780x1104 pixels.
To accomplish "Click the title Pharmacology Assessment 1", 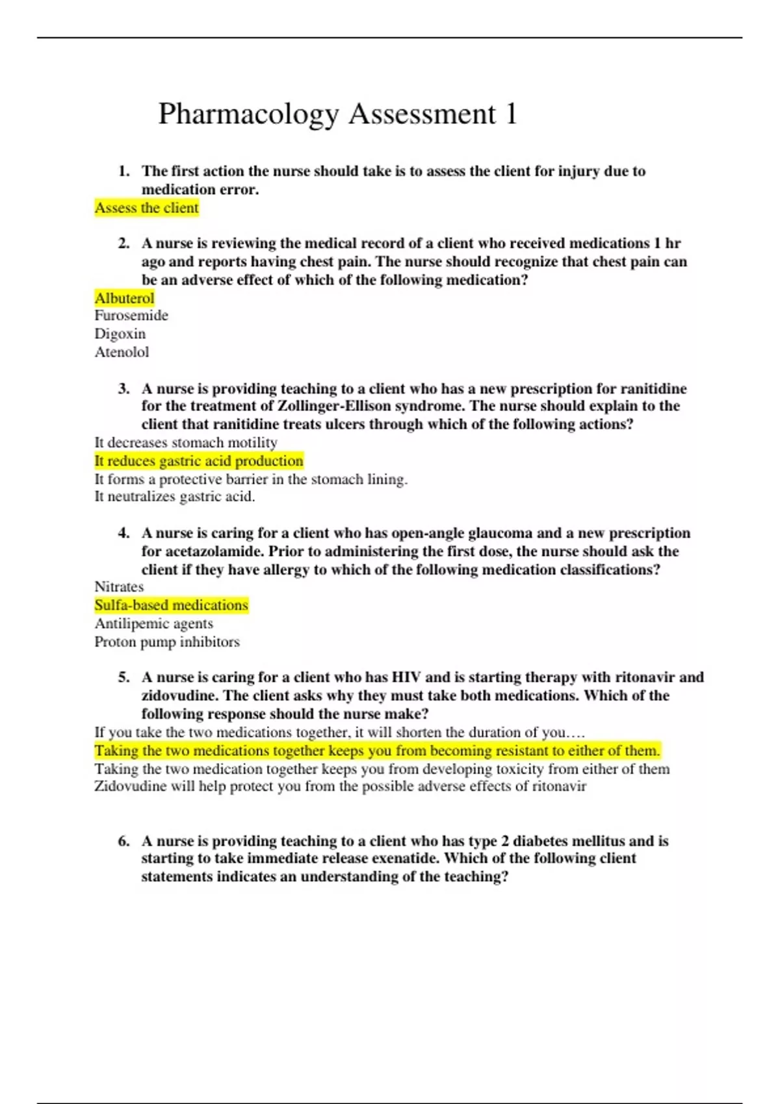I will point(337,114).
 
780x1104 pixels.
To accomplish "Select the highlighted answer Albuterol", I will point(124,298).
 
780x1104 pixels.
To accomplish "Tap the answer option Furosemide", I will point(131,316).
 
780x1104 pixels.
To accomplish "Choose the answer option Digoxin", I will point(120,334).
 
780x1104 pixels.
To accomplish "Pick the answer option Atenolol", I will point(122,352).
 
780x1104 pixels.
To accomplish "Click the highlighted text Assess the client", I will point(146,208).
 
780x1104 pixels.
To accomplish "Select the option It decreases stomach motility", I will point(186,442).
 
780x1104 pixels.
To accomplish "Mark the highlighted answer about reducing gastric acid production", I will point(199,461).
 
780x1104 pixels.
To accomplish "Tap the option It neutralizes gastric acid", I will point(175,497).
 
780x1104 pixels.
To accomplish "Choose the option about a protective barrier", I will point(251,479).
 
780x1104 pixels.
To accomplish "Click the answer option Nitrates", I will point(119,586).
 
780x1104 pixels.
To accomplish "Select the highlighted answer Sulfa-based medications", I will point(171,605).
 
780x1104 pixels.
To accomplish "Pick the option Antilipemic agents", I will point(153,623).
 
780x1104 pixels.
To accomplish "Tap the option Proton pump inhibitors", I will point(167,642).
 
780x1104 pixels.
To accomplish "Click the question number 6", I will point(123,841).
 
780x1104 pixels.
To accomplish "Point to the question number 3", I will point(123,389).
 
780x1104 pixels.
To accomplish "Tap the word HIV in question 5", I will point(406,677).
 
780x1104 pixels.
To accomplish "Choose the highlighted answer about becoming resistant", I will point(377,751).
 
